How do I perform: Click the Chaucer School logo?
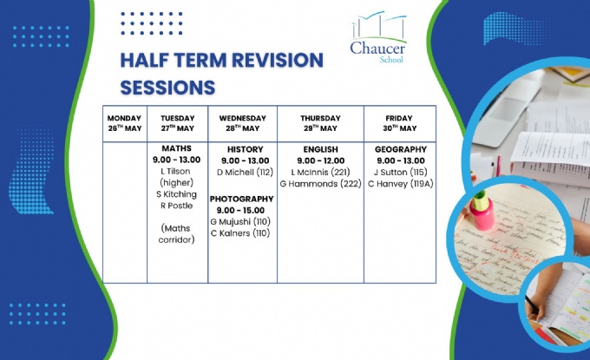click(x=378, y=37)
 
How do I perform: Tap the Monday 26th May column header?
click(x=125, y=123)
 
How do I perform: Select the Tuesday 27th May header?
click(x=178, y=123)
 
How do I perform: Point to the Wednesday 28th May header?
click(x=243, y=123)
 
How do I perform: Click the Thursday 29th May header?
click(x=320, y=123)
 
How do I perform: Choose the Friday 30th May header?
click(x=400, y=123)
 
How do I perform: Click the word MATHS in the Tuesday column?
click(x=176, y=148)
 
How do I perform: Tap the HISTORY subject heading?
click(x=245, y=149)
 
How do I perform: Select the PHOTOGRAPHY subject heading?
click(x=241, y=199)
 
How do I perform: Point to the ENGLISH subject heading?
click(x=320, y=149)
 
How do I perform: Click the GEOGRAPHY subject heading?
click(x=401, y=149)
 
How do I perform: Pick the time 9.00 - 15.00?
click(x=240, y=210)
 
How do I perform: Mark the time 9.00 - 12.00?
click(x=320, y=160)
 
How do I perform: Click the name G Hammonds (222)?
click(x=320, y=184)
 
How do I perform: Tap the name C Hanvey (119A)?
click(x=401, y=184)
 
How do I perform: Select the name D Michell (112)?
click(x=245, y=173)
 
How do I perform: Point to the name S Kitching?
click(x=176, y=194)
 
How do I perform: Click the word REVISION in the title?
click(x=278, y=60)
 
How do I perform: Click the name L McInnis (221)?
click(x=320, y=173)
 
